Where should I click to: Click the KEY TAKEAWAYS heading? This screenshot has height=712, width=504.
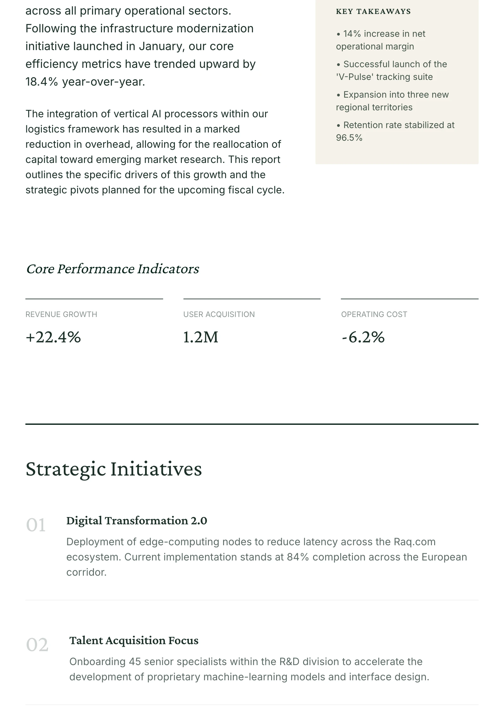tap(373, 12)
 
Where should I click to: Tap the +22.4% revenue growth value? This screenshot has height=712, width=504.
tap(53, 337)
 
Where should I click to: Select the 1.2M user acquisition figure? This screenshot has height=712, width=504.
tap(201, 337)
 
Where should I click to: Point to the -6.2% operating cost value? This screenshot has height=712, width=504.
tap(363, 337)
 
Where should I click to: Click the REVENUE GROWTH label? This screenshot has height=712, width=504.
tap(61, 314)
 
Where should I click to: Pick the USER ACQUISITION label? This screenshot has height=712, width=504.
tap(219, 314)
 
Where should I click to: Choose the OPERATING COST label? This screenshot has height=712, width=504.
tap(374, 314)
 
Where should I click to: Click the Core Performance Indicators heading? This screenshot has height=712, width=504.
tap(112, 269)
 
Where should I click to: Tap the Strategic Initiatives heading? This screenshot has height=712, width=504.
tap(114, 469)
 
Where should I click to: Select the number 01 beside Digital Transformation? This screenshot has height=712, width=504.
tap(36, 525)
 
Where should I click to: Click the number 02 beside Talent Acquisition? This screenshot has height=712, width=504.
tap(37, 645)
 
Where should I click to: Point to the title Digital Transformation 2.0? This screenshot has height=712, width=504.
tap(136, 521)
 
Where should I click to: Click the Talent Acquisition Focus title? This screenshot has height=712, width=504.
tap(134, 640)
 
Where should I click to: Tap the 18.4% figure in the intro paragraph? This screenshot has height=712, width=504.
tap(42, 82)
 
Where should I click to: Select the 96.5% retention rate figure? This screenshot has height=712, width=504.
tap(349, 138)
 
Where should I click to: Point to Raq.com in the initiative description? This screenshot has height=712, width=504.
tap(414, 542)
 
